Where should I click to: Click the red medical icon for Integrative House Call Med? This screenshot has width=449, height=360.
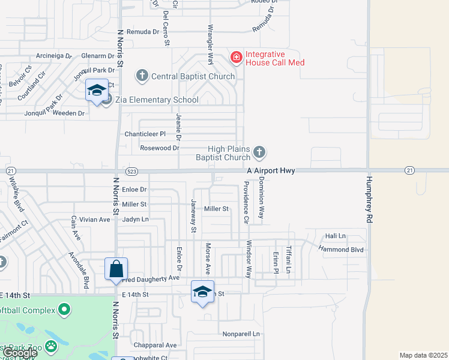click(237, 58)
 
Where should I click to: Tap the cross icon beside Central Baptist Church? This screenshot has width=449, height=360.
click(142, 76)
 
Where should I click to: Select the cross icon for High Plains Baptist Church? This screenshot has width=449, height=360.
click(259, 152)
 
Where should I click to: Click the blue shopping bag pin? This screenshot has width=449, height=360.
click(116, 269)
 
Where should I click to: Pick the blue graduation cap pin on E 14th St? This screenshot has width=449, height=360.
click(203, 292)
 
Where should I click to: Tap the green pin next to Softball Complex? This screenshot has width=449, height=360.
click(64, 310)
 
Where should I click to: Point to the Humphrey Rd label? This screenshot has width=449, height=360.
click(369, 200)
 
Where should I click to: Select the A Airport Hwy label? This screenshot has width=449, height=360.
click(271, 171)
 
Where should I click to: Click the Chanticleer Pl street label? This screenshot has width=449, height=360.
click(145, 134)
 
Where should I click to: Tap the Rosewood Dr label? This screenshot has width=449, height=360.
click(160, 148)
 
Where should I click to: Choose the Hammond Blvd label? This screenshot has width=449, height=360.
click(342, 249)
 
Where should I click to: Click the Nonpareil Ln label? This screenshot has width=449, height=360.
click(242, 334)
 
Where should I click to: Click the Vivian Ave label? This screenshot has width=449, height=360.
click(95, 220)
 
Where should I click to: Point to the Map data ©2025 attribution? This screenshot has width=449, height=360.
click(424, 355)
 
